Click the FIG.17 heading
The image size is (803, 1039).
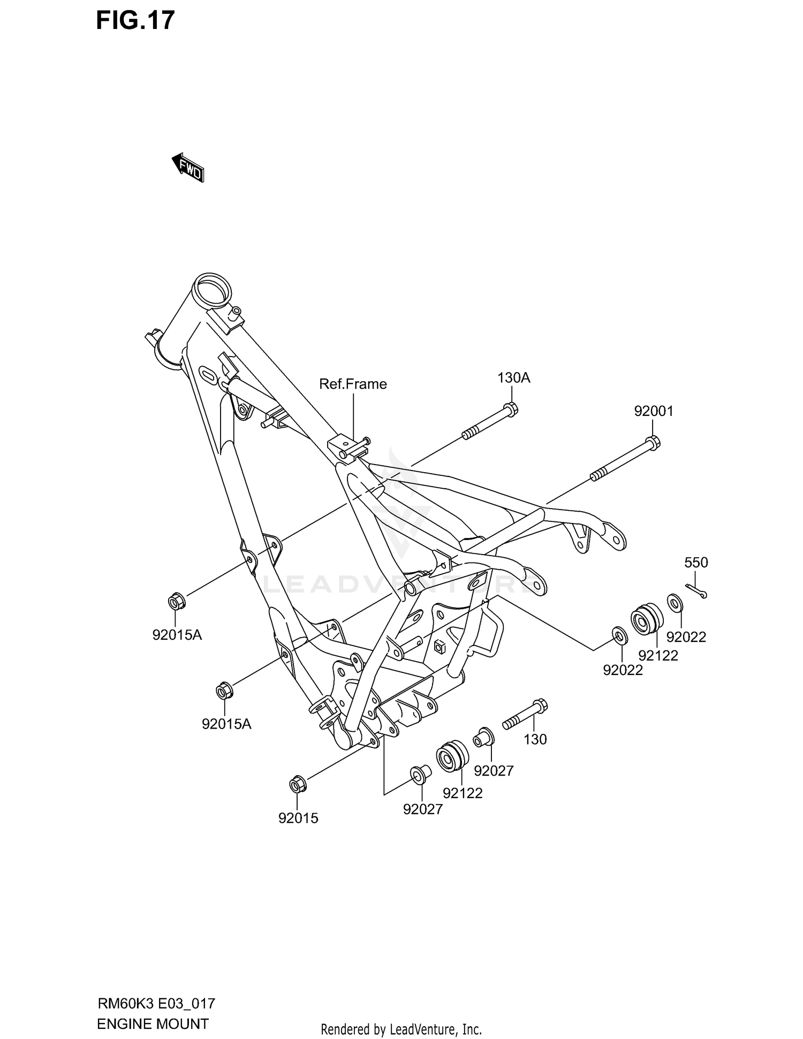tap(135, 20)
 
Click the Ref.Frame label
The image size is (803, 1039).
tap(353, 384)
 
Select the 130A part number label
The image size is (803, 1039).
tap(513, 378)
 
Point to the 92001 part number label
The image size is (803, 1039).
tap(654, 411)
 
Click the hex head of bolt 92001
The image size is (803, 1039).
tap(653, 442)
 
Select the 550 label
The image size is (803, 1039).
tap(696, 563)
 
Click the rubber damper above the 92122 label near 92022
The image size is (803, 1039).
tap(646, 619)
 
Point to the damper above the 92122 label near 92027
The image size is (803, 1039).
tap(452, 756)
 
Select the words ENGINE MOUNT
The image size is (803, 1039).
tap(153, 1024)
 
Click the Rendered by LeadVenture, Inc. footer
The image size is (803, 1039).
tap(401, 1029)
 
